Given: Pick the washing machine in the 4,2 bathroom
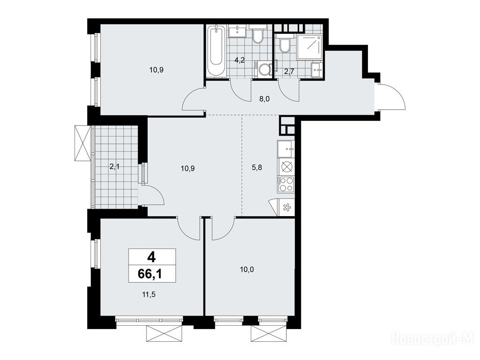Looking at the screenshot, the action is tap(264, 69).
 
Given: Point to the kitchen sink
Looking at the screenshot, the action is tap(286, 149).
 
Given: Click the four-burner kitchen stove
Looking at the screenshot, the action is tap(286, 185).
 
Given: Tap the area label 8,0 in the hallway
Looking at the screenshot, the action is tap(264, 99).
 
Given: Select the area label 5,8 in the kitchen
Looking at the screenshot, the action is tap(256, 167).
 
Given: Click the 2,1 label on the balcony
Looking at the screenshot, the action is tap(114, 167).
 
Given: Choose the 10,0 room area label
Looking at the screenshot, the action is tap(247, 270).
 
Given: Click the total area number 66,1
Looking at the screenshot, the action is tap(150, 274).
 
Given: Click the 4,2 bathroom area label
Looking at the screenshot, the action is tap(240, 60).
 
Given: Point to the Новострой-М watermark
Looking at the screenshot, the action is tap(433, 340).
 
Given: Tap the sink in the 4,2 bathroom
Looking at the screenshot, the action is tap(237, 31).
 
